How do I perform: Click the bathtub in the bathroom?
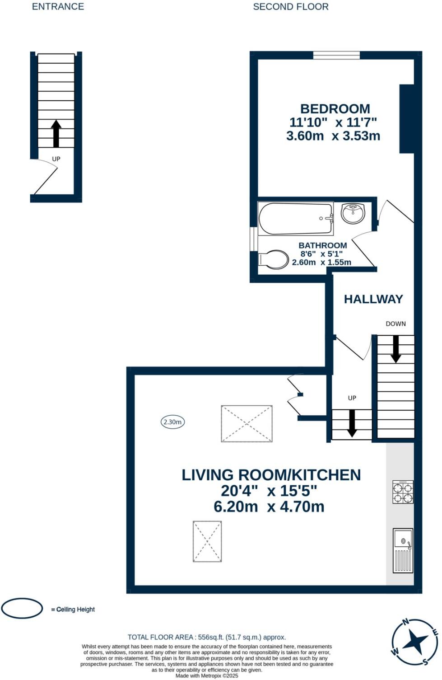point(295,218)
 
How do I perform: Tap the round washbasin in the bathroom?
point(353,212)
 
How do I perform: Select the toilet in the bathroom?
point(273,259)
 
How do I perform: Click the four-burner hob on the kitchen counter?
point(403,492)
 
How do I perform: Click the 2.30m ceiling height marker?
point(172,422)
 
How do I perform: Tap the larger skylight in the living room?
point(247,423)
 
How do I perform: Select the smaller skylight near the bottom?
point(207,542)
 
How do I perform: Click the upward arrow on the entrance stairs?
point(56,134)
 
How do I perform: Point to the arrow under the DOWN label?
point(395,349)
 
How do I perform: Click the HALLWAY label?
point(373,299)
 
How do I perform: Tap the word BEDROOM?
point(335,109)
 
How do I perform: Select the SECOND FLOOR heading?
point(291,7)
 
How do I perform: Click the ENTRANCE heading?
point(58,6)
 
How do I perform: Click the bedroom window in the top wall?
point(336,55)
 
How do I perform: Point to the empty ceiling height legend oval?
point(22,608)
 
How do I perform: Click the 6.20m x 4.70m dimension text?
point(269,506)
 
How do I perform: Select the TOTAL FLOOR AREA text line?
point(207,637)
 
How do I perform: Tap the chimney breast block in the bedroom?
point(407,119)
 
